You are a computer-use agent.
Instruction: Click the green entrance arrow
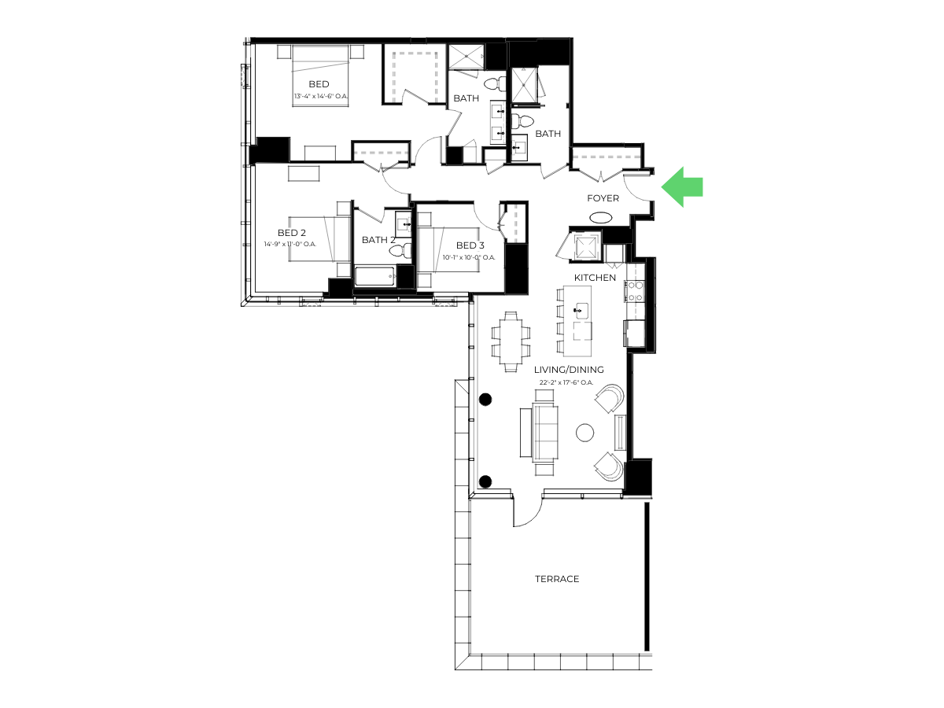pos(681,187)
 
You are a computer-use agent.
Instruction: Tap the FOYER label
pos(603,198)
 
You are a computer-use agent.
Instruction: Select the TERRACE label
pos(557,579)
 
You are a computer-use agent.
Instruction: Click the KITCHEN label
pos(596,278)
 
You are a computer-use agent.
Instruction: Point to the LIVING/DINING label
pos(569,369)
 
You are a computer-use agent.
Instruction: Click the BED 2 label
pos(292,233)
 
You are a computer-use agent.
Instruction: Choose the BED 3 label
pos(470,245)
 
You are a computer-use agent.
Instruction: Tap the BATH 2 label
pos(378,240)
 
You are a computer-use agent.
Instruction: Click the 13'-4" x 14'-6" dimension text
pos(321,96)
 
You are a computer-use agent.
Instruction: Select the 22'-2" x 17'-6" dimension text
pos(566,382)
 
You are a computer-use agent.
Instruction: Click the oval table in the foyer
pos(600,218)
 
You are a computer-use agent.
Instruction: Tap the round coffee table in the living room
pos(584,433)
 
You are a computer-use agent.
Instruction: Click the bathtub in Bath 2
pos(374,275)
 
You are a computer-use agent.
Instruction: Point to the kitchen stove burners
pos(634,290)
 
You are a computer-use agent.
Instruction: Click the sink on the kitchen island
pos(582,310)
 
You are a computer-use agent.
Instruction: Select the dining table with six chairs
pos(511,341)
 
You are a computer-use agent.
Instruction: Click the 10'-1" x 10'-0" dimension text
pos(469,257)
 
